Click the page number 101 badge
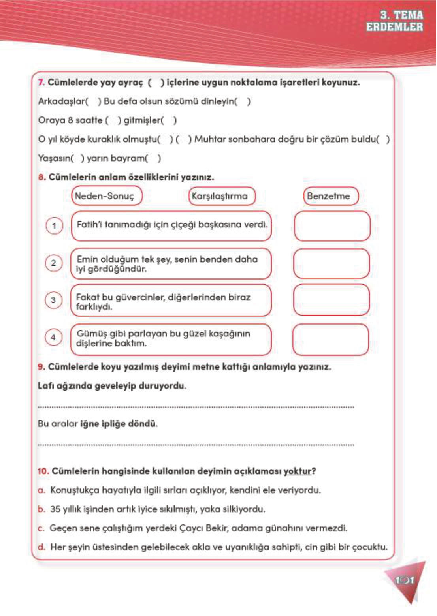(x=404, y=580)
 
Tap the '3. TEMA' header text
(x=401, y=15)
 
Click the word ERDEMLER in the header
(x=394, y=27)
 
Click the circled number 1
(x=54, y=226)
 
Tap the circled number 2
(x=54, y=263)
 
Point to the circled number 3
(x=53, y=300)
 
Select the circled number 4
(x=53, y=338)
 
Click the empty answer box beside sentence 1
(x=332, y=226)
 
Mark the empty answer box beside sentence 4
(x=330, y=339)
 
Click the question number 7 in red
(x=41, y=83)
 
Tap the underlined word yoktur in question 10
(x=298, y=471)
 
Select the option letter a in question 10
(x=41, y=490)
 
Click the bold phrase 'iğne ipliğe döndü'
(x=118, y=424)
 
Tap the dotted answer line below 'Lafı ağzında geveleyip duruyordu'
(x=196, y=407)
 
